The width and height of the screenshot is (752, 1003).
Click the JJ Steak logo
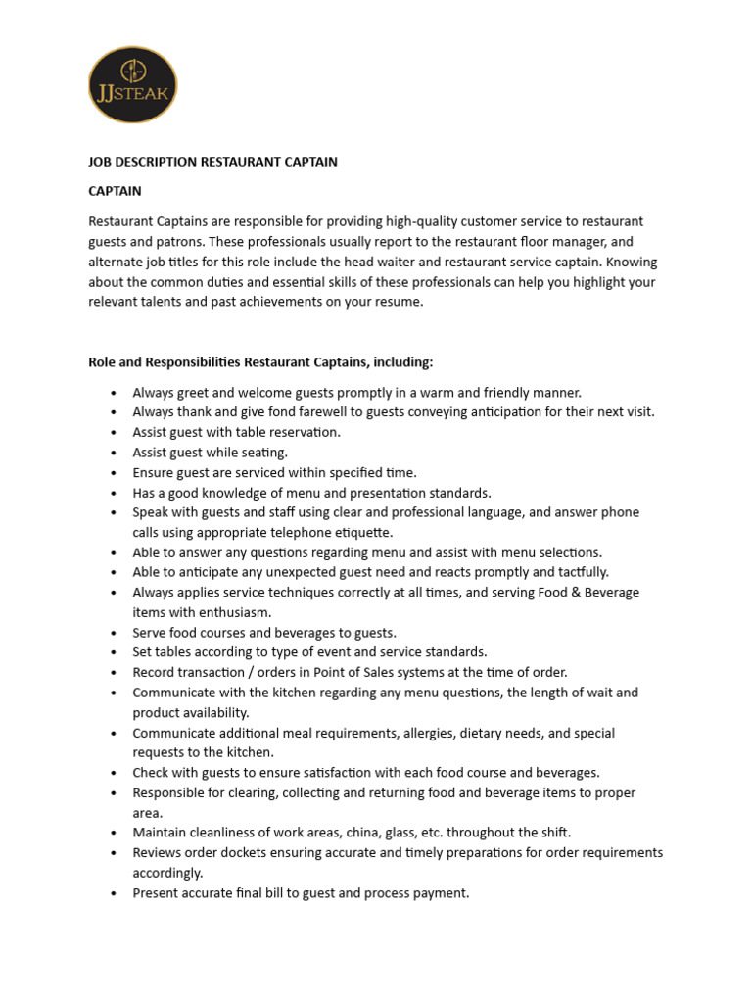pyautogui.click(x=133, y=84)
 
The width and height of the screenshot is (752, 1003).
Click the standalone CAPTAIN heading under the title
pyautogui.click(x=115, y=191)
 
